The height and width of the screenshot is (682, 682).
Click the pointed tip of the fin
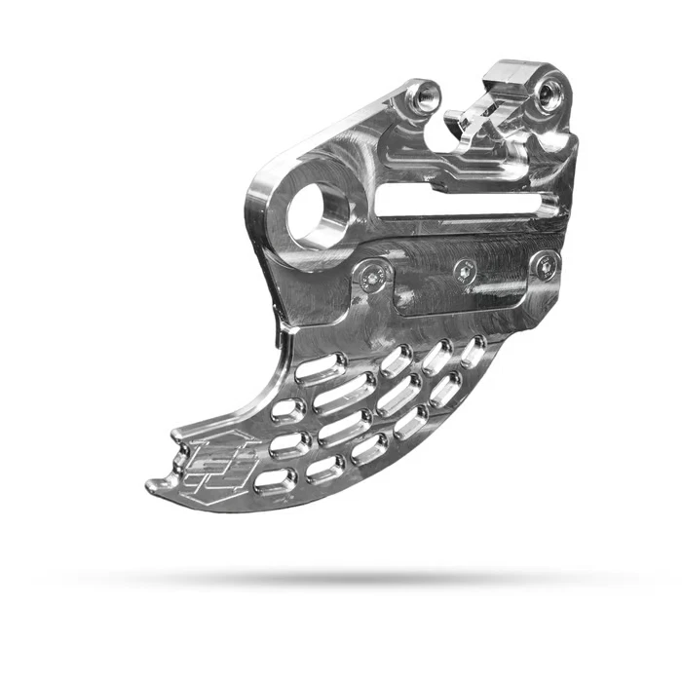pyautogui.click(x=150, y=485)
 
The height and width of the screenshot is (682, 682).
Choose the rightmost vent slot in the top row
pyautogui.click(x=474, y=350)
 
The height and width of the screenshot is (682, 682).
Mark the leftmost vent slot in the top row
pyautogui.click(x=323, y=369)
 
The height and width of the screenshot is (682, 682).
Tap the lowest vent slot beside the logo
pyautogui.click(x=276, y=477)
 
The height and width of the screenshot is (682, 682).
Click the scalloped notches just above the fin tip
pyautogui.click(x=181, y=453)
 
